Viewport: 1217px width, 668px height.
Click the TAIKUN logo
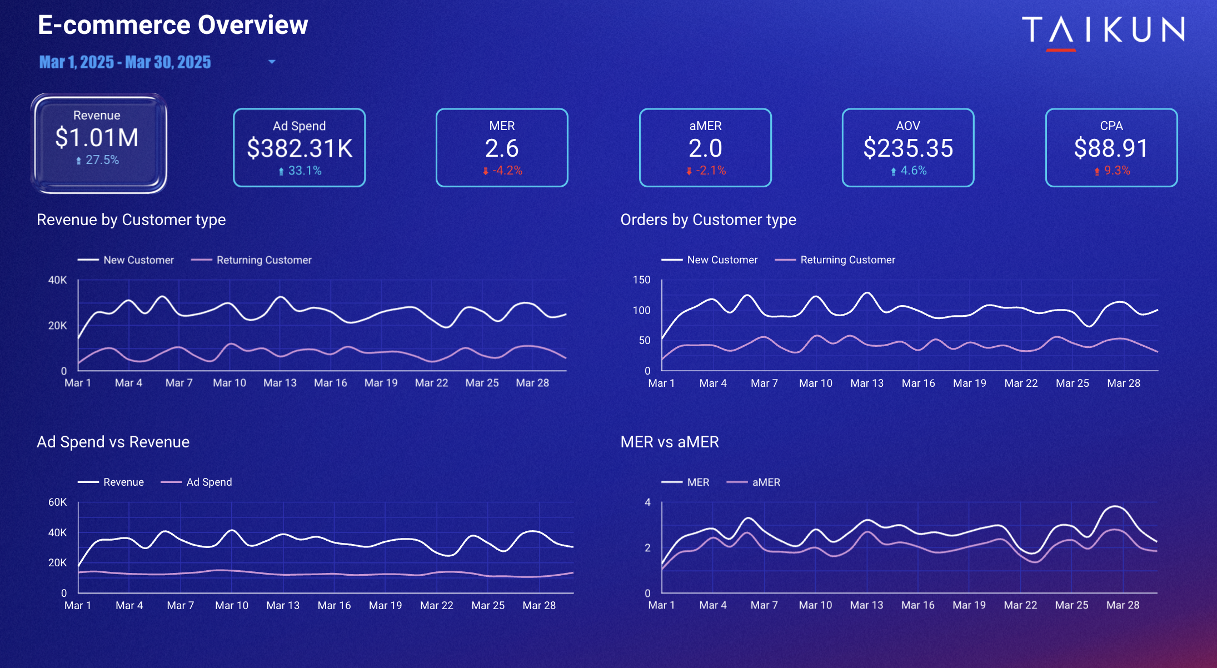coord(1103,30)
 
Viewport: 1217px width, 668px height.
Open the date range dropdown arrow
coord(272,62)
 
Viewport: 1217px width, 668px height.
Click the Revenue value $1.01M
coord(97,138)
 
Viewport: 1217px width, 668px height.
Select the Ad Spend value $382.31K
coord(300,148)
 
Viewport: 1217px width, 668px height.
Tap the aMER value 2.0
coord(705,148)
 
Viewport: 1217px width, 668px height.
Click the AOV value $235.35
coord(908,148)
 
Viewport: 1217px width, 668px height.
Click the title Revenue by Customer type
coord(131,220)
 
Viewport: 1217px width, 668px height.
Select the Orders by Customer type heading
coord(708,220)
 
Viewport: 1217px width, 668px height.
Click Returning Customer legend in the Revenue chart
coord(263,260)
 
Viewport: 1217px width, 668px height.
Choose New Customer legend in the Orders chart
coord(722,260)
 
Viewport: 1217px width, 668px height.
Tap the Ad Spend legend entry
coord(209,482)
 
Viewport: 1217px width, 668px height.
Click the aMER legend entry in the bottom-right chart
coord(766,482)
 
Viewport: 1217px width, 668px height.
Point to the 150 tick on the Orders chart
coord(641,280)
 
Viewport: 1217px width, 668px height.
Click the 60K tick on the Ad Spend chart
coord(57,502)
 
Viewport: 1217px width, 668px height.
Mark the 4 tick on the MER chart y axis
coord(647,502)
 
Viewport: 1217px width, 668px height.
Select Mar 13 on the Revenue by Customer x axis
coord(280,383)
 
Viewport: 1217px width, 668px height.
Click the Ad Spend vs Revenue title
coord(113,442)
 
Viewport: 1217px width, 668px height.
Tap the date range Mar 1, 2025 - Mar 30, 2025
coord(125,62)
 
